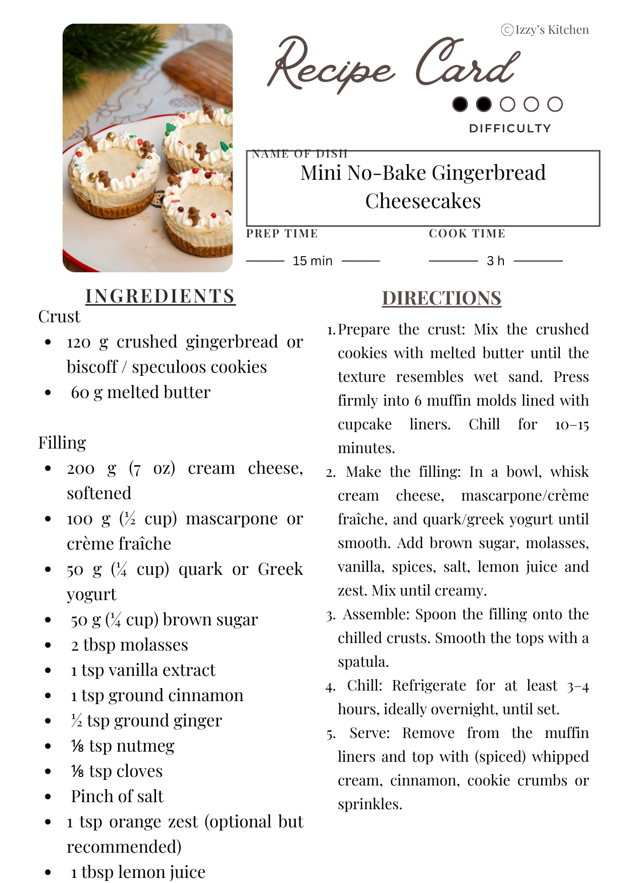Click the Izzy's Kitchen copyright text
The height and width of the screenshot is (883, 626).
(x=545, y=30)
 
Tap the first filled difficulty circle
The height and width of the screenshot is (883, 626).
(x=460, y=104)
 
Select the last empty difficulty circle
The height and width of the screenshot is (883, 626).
(x=555, y=104)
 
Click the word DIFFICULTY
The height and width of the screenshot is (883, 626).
(x=510, y=128)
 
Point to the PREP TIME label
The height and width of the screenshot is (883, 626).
(x=282, y=233)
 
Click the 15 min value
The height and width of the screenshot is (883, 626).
(x=312, y=261)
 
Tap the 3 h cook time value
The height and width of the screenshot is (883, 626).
(x=495, y=261)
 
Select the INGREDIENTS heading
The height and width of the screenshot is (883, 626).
(x=160, y=296)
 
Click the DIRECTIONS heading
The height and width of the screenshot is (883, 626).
(x=441, y=298)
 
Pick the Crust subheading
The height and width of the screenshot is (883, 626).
(x=59, y=317)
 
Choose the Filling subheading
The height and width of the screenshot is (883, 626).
(x=62, y=443)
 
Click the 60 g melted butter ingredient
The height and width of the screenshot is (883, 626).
(x=140, y=392)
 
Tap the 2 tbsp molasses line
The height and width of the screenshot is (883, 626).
(x=129, y=645)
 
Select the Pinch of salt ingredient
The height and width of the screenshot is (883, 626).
(x=117, y=796)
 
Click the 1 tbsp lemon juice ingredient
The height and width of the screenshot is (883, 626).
(x=138, y=872)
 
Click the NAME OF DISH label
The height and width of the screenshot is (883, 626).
(x=300, y=154)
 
